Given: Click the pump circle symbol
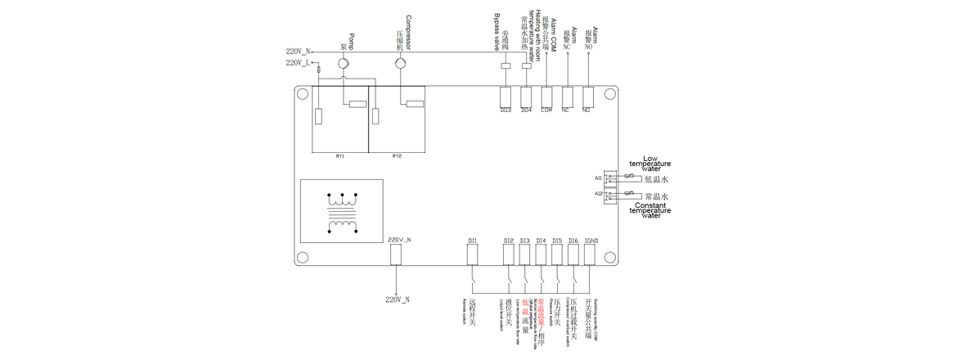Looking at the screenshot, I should [x=344, y=63].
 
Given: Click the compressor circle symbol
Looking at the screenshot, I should [x=400, y=63].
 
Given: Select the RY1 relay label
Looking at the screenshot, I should [x=339, y=155].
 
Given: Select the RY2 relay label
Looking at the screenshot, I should [x=397, y=155].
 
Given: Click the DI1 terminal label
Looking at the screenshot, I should [x=472, y=241].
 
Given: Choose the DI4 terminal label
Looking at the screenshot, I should [x=541, y=241].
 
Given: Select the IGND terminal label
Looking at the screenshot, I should [x=591, y=241].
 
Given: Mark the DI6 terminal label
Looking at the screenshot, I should [x=573, y=241].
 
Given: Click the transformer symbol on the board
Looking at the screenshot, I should [x=342, y=211].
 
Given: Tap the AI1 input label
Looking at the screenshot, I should [x=598, y=178].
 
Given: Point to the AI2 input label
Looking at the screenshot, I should [x=598, y=194].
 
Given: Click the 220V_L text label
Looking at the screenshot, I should [x=298, y=63].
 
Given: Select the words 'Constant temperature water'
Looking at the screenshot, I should [x=650, y=210].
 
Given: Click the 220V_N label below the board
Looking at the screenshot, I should [x=398, y=299].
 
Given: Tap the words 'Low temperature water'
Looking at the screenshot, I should [x=650, y=164].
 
